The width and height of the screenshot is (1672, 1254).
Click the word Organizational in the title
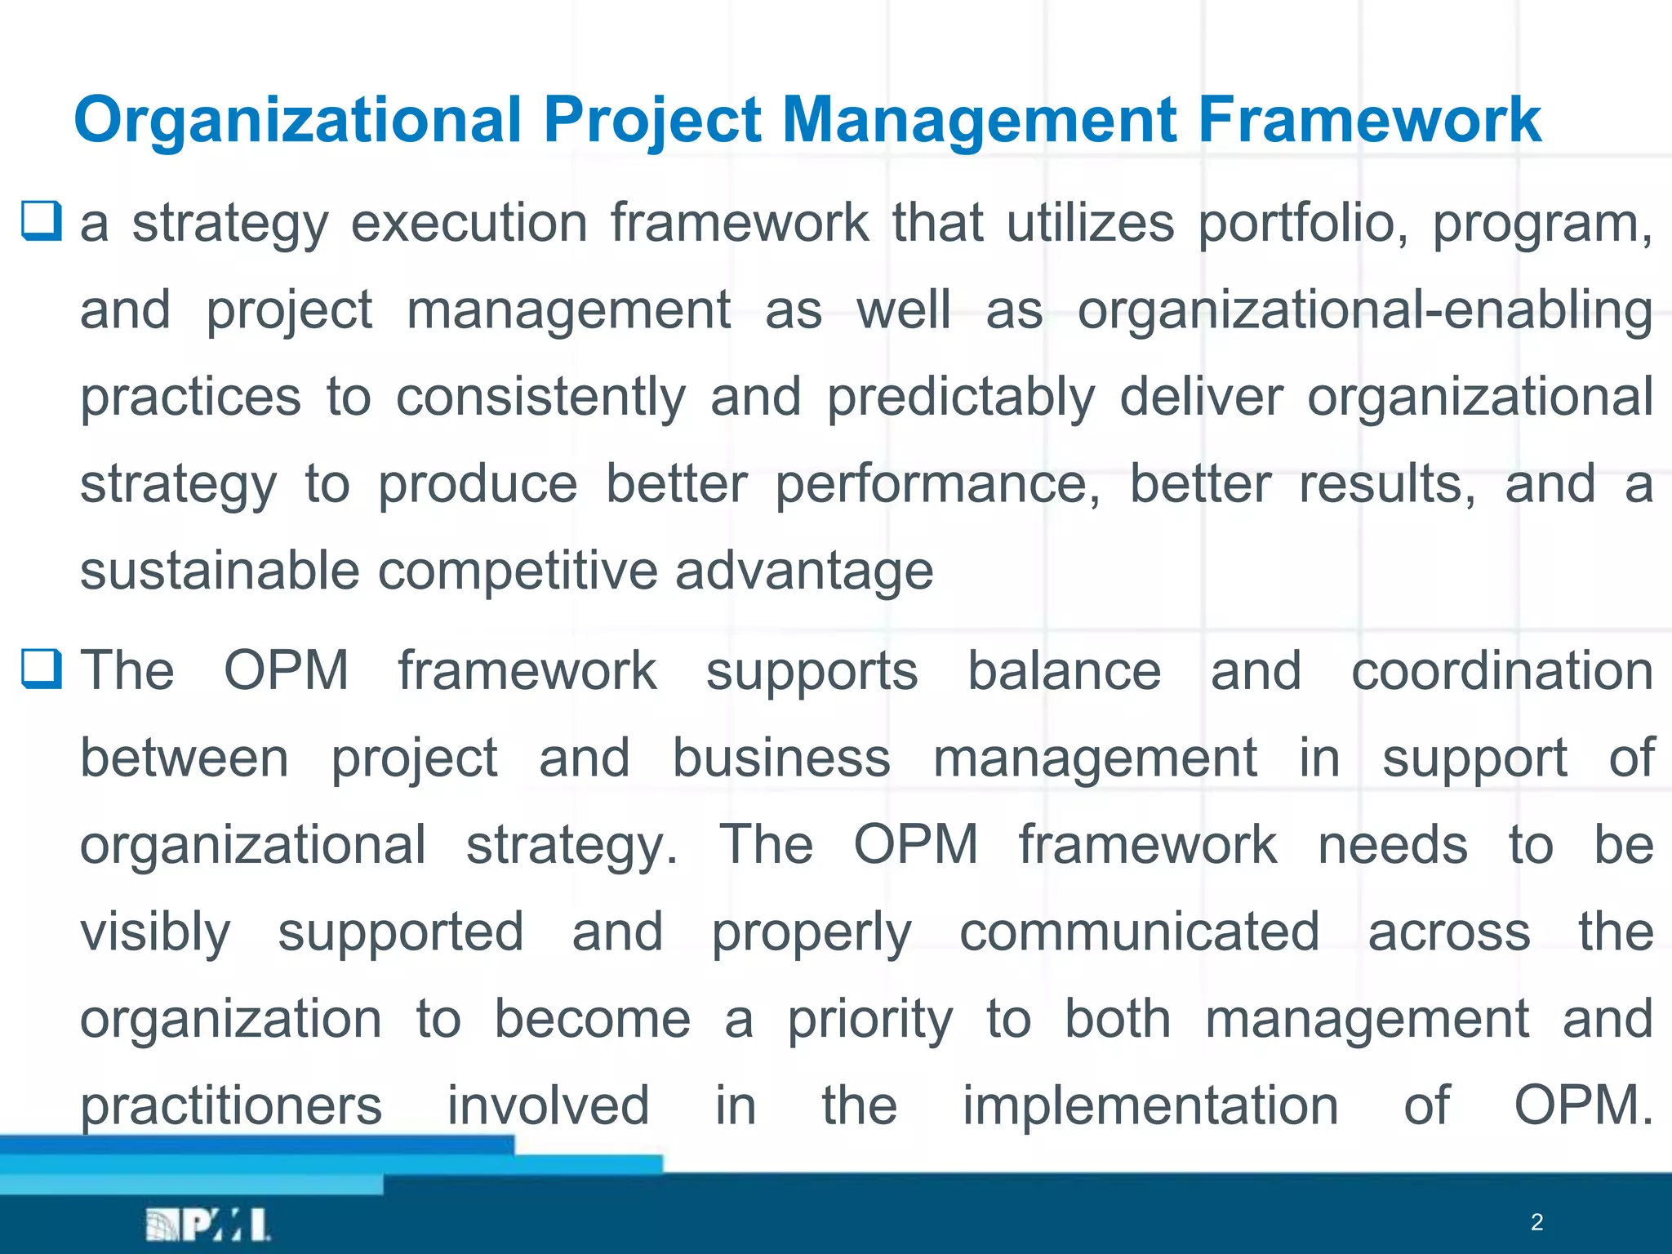click(x=297, y=121)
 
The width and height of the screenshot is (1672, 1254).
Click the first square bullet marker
click(x=41, y=221)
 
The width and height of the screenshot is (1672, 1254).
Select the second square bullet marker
click(x=41, y=669)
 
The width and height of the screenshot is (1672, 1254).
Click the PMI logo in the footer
click(x=207, y=1225)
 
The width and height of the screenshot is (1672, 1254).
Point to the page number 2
click(x=1536, y=1222)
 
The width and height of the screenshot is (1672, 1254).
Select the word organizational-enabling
click(x=1365, y=311)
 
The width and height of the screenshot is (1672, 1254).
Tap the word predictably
click(x=960, y=398)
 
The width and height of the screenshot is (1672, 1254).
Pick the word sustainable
click(x=220, y=571)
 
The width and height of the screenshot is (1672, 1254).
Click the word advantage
click(x=803, y=572)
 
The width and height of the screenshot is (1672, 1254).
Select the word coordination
click(x=1502, y=671)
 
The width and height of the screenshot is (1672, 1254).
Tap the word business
click(x=781, y=758)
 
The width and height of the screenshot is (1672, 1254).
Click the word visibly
click(x=155, y=933)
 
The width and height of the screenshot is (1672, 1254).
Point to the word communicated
click(x=1139, y=932)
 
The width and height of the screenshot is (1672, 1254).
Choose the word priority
click(x=869, y=1021)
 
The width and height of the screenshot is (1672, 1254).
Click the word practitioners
click(x=231, y=1107)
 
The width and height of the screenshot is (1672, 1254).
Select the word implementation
click(x=1150, y=1107)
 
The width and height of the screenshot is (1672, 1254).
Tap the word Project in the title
click(x=652, y=121)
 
